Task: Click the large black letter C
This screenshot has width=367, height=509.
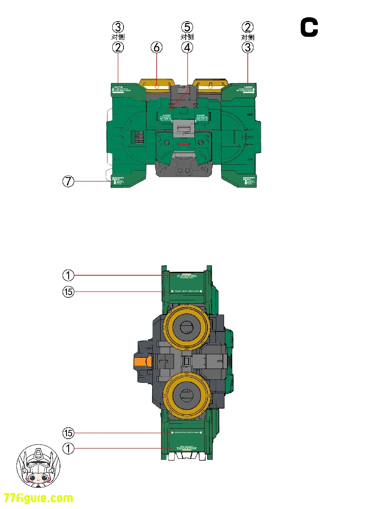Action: pyautogui.click(x=309, y=28)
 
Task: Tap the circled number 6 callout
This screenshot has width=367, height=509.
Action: pyautogui.click(x=156, y=48)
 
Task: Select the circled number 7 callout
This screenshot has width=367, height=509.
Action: pyautogui.click(x=68, y=182)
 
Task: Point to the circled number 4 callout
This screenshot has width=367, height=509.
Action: pyautogui.click(x=187, y=48)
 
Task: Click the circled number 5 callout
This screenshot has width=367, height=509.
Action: pyautogui.click(x=187, y=27)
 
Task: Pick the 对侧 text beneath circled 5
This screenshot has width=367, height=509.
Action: pyautogui.click(x=187, y=37)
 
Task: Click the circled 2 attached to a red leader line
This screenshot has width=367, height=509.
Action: pyautogui.click(x=118, y=48)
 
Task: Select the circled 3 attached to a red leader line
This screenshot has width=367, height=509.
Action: pyautogui.click(x=247, y=48)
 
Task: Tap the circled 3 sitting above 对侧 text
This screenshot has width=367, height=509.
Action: pyautogui.click(x=118, y=27)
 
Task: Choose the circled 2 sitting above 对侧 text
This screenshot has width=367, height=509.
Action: pyautogui.click(x=247, y=27)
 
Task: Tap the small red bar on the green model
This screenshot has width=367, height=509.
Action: pyautogui.click(x=184, y=143)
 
